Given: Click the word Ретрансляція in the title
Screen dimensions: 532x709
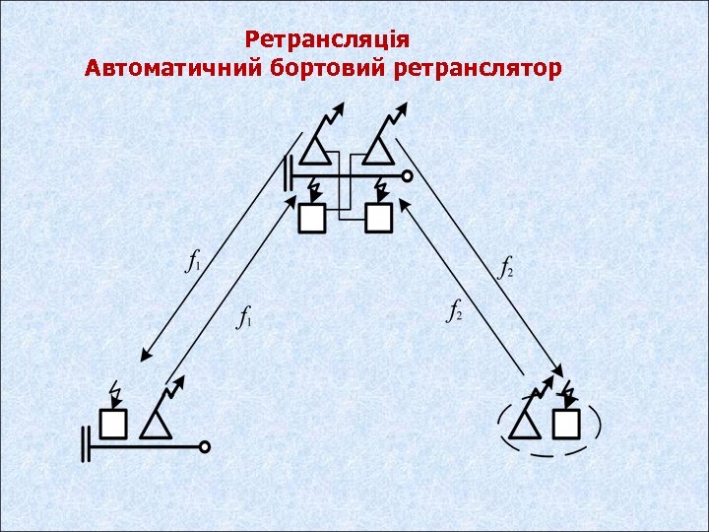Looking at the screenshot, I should pyautogui.click(x=327, y=40).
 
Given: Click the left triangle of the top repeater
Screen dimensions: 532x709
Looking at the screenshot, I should pyautogui.click(x=313, y=151).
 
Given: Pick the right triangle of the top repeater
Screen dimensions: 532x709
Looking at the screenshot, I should pyautogui.click(x=377, y=151).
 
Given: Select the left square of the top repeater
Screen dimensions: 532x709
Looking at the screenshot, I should pyautogui.click(x=312, y=218).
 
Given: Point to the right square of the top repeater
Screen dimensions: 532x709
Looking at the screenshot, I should pyautogui.click(x=377, y=218).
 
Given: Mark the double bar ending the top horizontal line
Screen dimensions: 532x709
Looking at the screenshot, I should pyautogui.click(x=288, y=175).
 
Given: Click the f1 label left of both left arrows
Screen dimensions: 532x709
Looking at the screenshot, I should pyautogui.click(x=194, y=261).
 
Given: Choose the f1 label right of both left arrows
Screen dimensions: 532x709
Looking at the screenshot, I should pyautogui.click(x=245, y=317).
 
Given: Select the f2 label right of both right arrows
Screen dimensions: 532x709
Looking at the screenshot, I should pyautogui.click(x=505, y=267).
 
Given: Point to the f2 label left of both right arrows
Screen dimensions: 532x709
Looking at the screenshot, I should pyautogui.click(x=454, y=312).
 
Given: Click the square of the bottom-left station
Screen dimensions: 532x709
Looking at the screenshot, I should pyautogui.click(x=114, y=424).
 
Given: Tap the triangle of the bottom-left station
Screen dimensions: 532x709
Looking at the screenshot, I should pyautogui.click(x=156, y=425).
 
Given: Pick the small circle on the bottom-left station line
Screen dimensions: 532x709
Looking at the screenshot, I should pyautogui.click(x=204, y=446).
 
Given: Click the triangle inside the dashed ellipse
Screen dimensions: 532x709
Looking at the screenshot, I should pyautogui.click(x=524, y=425).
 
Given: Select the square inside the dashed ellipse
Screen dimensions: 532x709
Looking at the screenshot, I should pyautogui.click(x=565, y=424).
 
